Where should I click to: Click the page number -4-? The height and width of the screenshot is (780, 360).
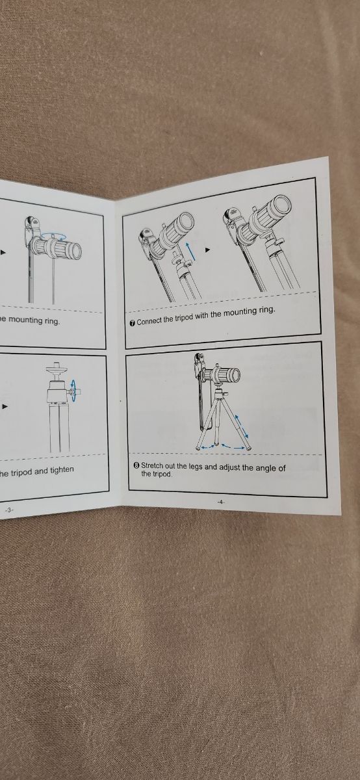pos(221,502)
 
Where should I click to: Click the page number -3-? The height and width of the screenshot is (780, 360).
pos(9,511)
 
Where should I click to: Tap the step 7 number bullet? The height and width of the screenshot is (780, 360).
pos(132,324)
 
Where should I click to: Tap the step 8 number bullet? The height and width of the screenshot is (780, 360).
pos(136,466)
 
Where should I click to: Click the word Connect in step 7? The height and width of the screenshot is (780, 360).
pos(150,322)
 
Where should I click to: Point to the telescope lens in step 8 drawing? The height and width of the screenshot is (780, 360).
pos(233,375)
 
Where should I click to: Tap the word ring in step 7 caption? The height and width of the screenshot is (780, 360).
pos(266,311)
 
